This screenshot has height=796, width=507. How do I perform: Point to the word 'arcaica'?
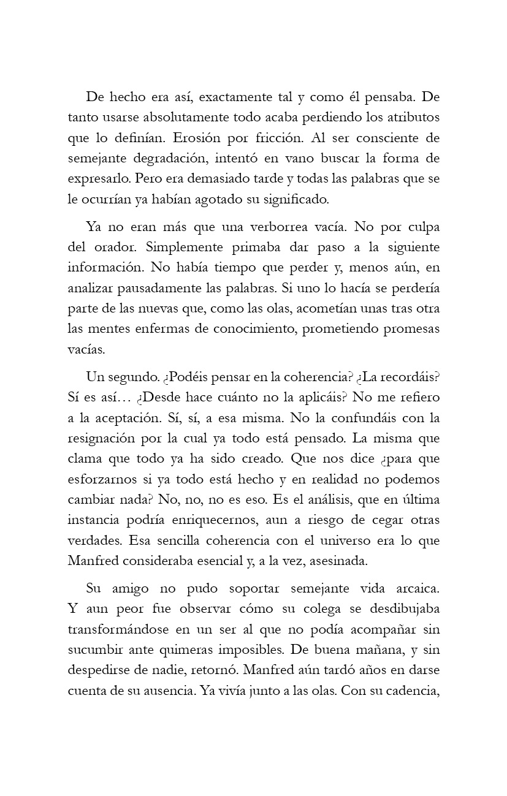click(410, 588)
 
